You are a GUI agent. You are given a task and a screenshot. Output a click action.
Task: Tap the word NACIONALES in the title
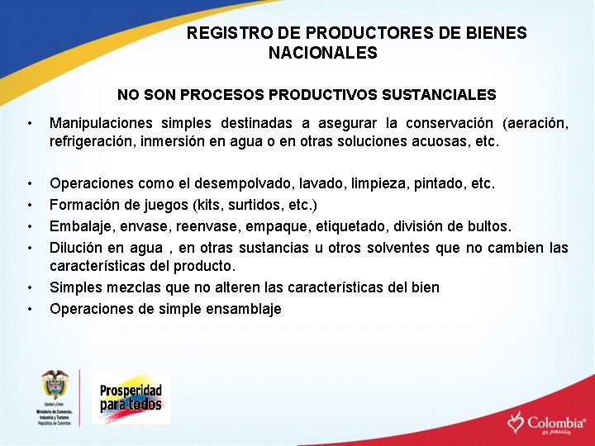click(x=323, y=54)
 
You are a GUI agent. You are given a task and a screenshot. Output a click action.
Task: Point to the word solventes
click(x=402, y=248)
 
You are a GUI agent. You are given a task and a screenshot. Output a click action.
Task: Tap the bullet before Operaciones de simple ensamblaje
click(x=29, y=310)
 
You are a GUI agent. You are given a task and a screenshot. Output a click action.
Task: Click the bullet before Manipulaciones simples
click(x=29, y=124)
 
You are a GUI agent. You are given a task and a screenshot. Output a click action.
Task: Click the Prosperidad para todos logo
click(x=131, y=399)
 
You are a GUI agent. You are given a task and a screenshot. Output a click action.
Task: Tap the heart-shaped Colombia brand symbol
click(x=516, y=422)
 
